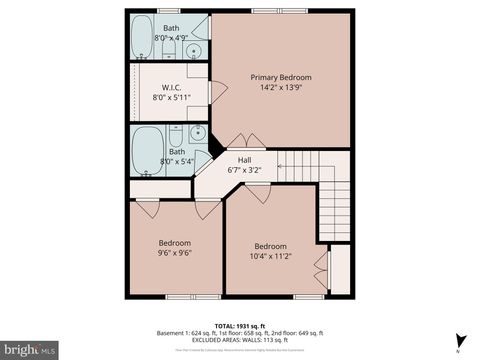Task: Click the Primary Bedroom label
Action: click(280, 77)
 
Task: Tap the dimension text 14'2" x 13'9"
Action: click(280, 88)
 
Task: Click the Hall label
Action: click(243, 160)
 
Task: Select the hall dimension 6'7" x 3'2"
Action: click(243, 170)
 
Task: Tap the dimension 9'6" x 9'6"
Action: click(174, 253)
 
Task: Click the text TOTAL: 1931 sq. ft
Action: click(239, 325)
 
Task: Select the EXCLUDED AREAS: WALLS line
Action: click(240, 339)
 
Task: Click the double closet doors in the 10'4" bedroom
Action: click(321, 268)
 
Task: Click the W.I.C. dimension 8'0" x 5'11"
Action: click(172, 98)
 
